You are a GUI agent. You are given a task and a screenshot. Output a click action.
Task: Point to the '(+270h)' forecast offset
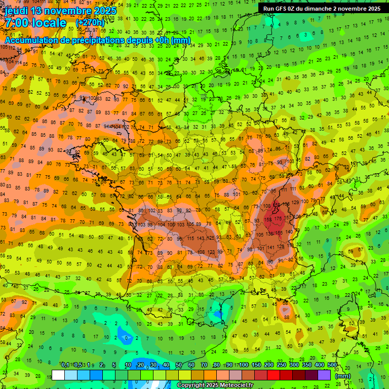[90, 23]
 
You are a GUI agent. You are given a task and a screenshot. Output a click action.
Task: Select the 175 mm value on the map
[278, 218]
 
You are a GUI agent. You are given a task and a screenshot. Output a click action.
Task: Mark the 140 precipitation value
[289, 232]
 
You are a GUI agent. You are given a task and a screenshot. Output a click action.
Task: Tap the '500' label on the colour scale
[332, 365]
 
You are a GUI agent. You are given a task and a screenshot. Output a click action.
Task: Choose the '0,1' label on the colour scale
[65, 365]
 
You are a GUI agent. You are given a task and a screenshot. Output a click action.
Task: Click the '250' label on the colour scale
[281, 365]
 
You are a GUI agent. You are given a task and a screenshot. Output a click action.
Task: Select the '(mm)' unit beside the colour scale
[343, 376]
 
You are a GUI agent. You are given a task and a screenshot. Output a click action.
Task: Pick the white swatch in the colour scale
[58, 375]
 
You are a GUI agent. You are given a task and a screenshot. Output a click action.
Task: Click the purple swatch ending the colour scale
[324, 375]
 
